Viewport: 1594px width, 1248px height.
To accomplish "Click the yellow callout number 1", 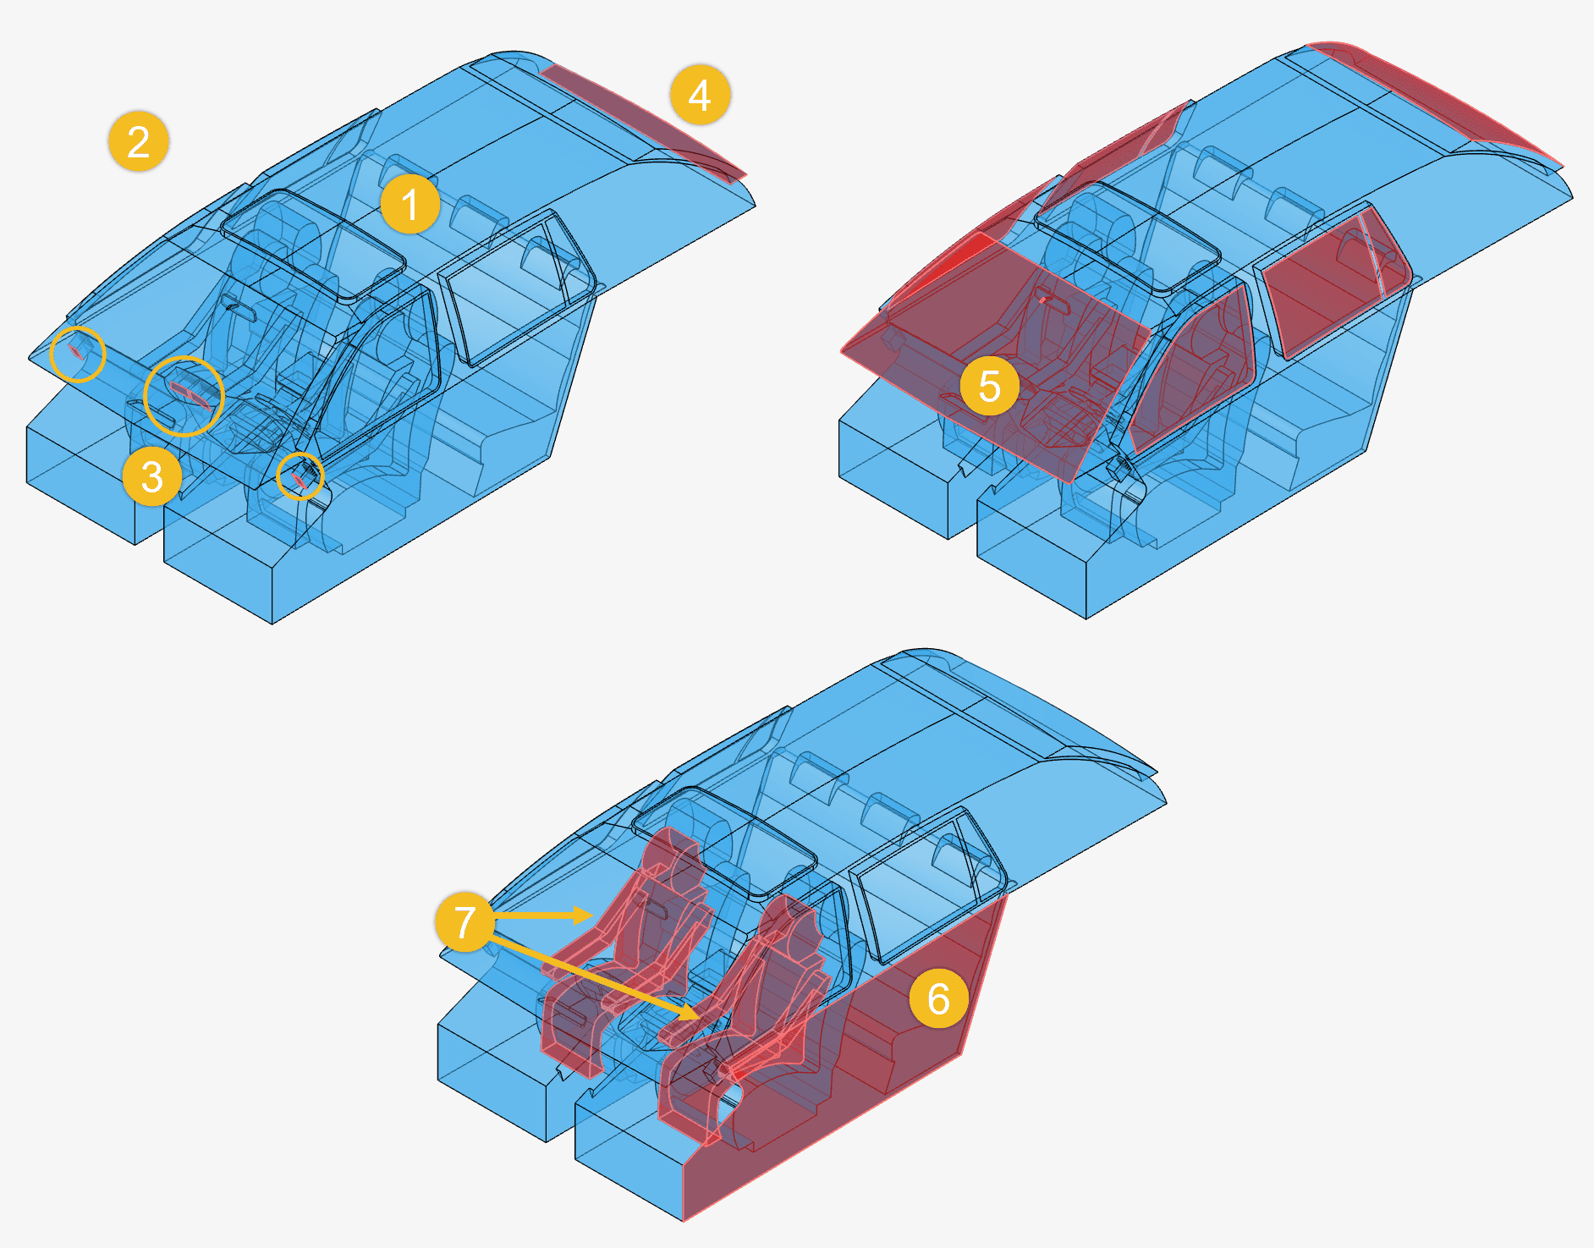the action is coord(410,205).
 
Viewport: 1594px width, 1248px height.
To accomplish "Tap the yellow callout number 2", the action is coord(139,141).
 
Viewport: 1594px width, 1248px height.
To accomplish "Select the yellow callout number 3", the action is coord(152,477).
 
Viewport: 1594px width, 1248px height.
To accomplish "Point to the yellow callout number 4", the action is coord(700,95).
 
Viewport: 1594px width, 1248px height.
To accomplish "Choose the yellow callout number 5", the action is coord(990,386).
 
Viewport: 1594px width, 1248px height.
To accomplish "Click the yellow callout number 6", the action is coord(939,998).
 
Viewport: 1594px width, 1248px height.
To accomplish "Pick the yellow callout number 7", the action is coord(464,921).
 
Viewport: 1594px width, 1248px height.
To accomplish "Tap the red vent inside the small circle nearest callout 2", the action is coord(77,350).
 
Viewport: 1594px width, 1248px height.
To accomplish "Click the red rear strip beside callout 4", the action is coord(643,120).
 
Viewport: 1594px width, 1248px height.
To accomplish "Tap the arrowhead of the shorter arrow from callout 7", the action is coord(584,915).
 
